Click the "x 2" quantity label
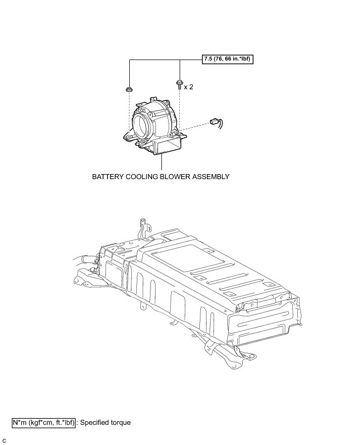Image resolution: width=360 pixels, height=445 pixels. click(x=188, y=87)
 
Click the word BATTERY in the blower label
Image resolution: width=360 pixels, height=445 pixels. click(x=108, y=177)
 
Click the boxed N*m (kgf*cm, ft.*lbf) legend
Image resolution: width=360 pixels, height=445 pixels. click(x=44, y=422)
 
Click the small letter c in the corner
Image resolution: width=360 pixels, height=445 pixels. click(x=4, y=440)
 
